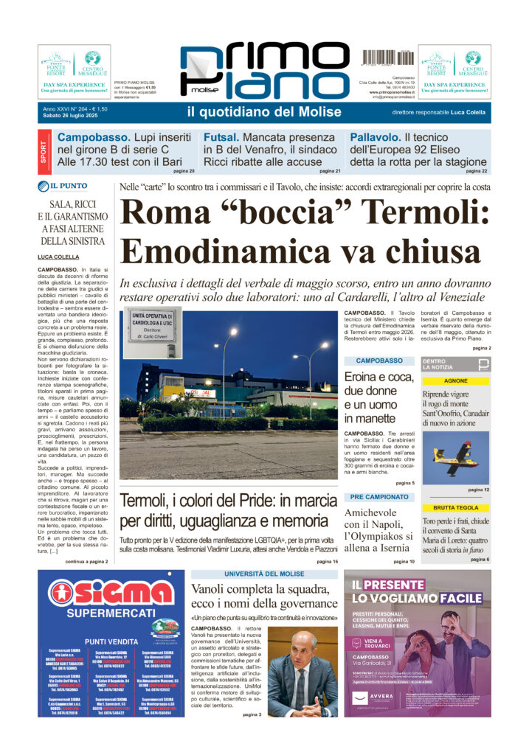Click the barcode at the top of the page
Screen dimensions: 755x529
pos(386,57)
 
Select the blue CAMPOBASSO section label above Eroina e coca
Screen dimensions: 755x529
pos(379,361)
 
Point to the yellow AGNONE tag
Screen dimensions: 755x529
pos(455,380)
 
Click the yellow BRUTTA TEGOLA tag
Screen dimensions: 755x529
pos(455,508)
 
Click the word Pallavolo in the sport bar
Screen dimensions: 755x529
pos(376,137)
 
